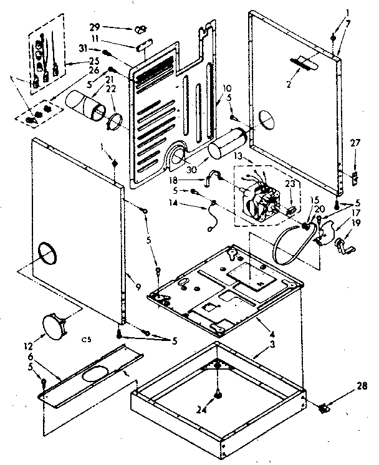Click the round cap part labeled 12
[54, 325]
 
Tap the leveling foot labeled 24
[218, 394]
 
